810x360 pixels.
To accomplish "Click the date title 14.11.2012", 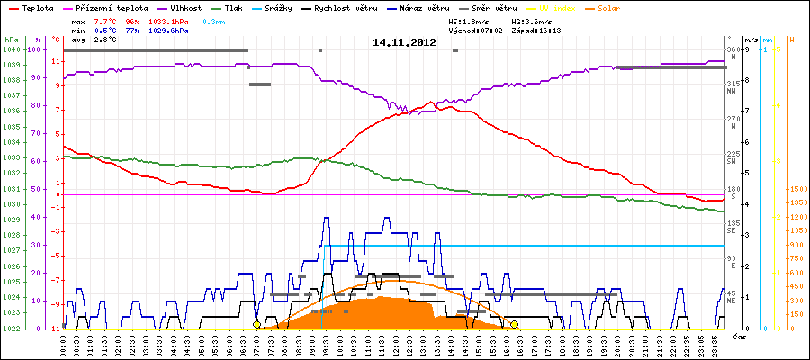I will (404, 42).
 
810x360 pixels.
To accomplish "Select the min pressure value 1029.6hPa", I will (171, 31).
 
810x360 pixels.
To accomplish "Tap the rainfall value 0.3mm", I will (213, 20).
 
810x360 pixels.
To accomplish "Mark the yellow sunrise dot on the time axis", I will (256, 324).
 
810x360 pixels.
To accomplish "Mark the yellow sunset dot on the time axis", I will (514, 324).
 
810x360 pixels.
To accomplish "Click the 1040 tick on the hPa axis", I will (11, 50).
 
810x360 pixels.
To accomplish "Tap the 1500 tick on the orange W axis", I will (796, 190).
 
